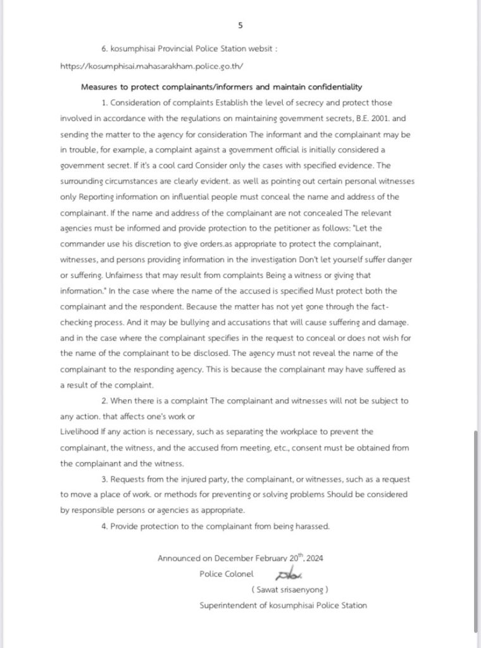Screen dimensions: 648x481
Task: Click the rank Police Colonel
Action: (226, 573)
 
